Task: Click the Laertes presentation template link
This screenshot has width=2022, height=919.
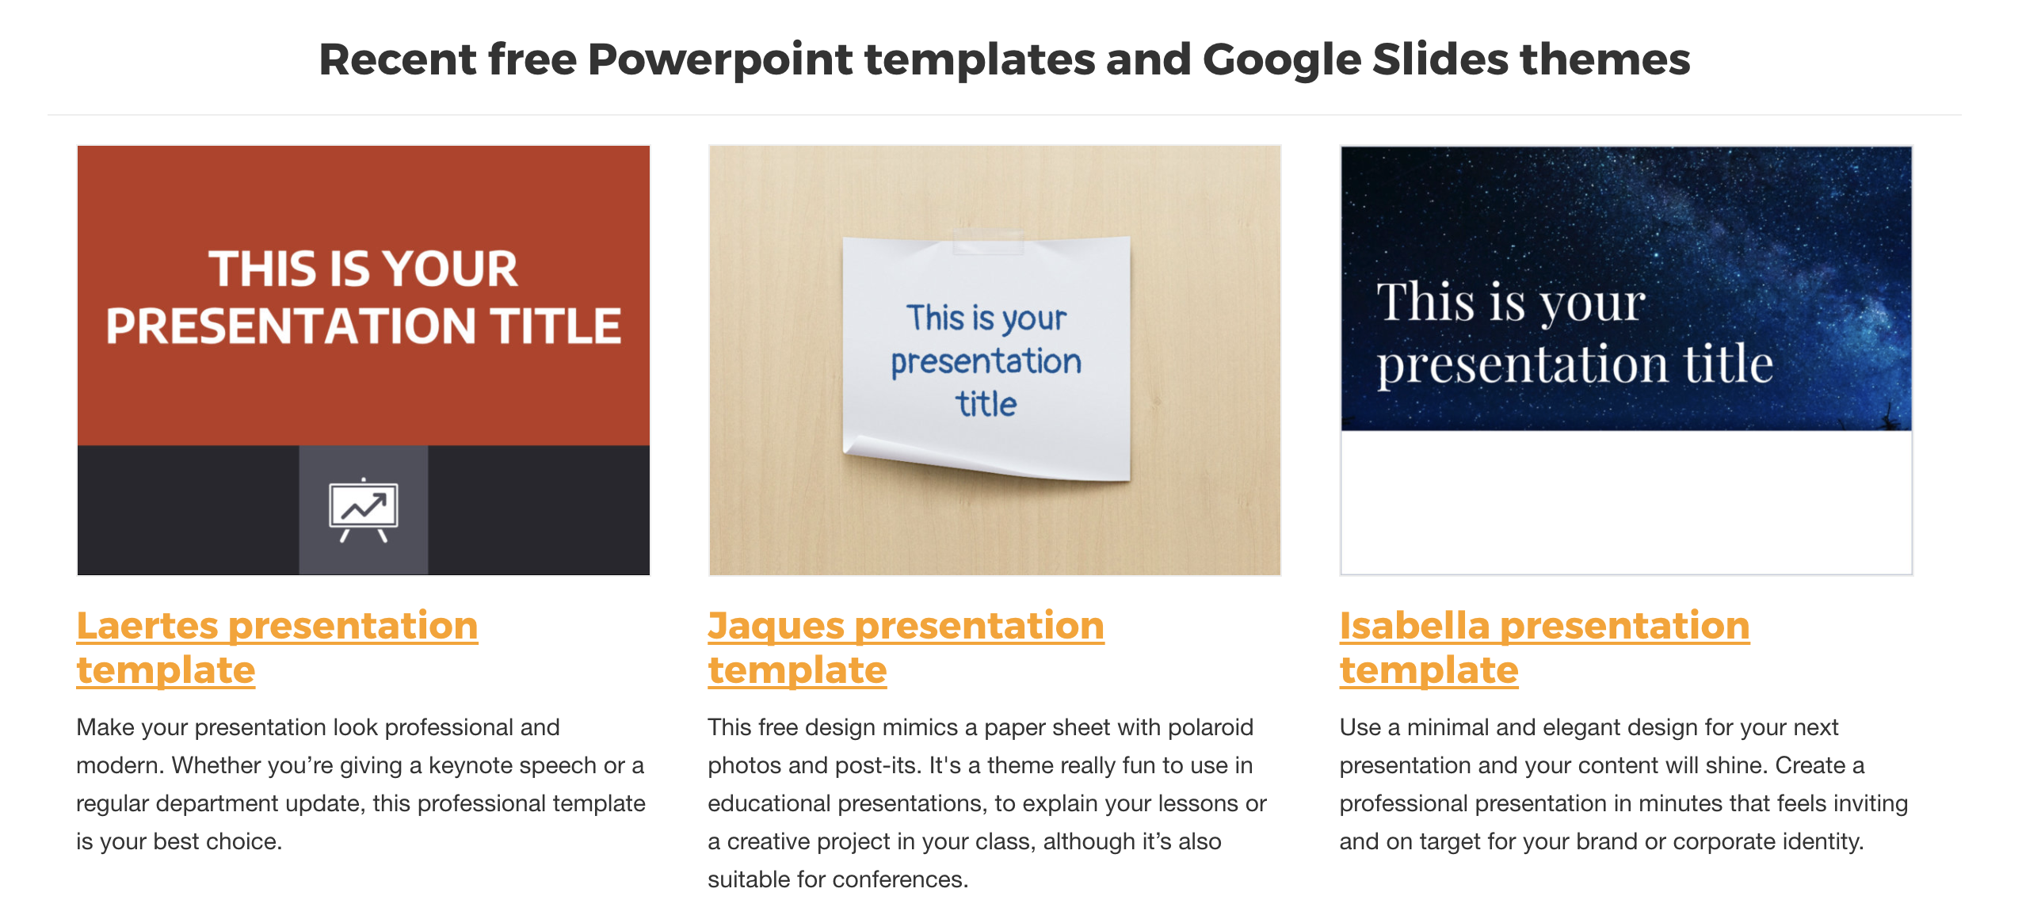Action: point(277,647)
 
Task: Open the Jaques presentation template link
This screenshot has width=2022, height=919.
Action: point(906,647)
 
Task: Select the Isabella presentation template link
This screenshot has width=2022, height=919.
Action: point(1544,647)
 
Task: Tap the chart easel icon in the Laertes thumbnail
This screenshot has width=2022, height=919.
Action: point(364,510)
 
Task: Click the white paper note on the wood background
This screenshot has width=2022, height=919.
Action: point(986,357)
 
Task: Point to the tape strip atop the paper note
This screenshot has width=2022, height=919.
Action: point(988,242)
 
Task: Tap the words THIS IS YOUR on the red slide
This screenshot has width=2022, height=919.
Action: point(363,269)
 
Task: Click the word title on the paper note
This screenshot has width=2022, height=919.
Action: point(986,404)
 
